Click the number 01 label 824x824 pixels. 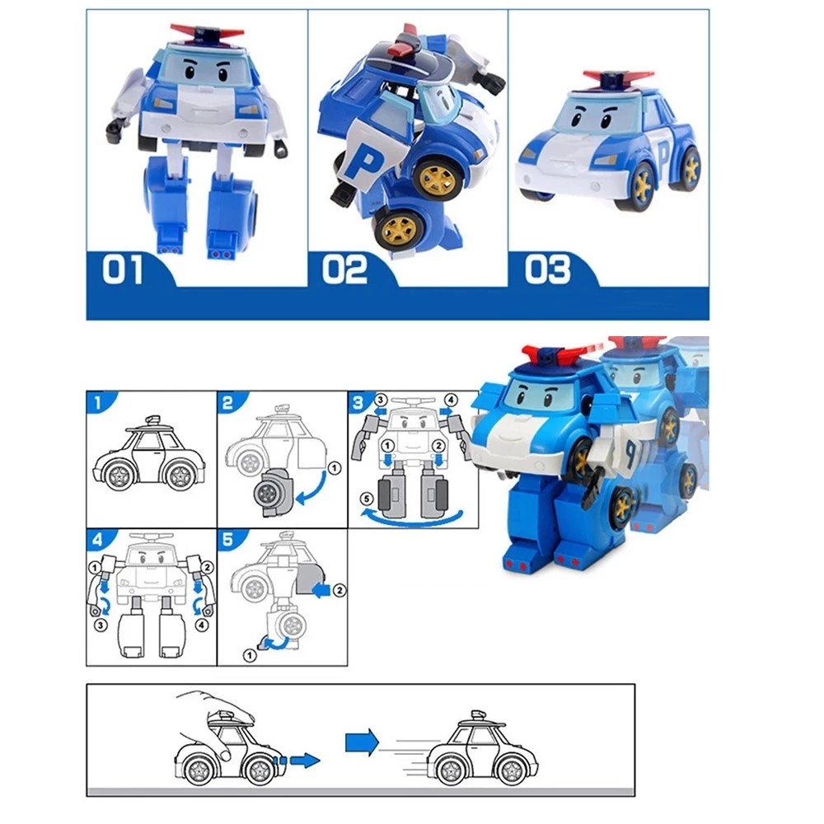click(x=122, y=269)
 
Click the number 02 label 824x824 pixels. click(x=344, y=269)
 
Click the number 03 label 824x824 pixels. click(x=547, y=269)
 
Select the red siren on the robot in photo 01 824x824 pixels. click(x=207, y=32)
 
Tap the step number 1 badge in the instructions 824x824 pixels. click(x=98, y=402)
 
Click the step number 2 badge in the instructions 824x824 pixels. click(x=227, y=402)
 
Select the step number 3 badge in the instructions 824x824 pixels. click(x=358, y=402)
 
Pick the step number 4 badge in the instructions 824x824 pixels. click(x=98, y=540)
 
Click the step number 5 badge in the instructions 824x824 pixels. click(x=227, y=540)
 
